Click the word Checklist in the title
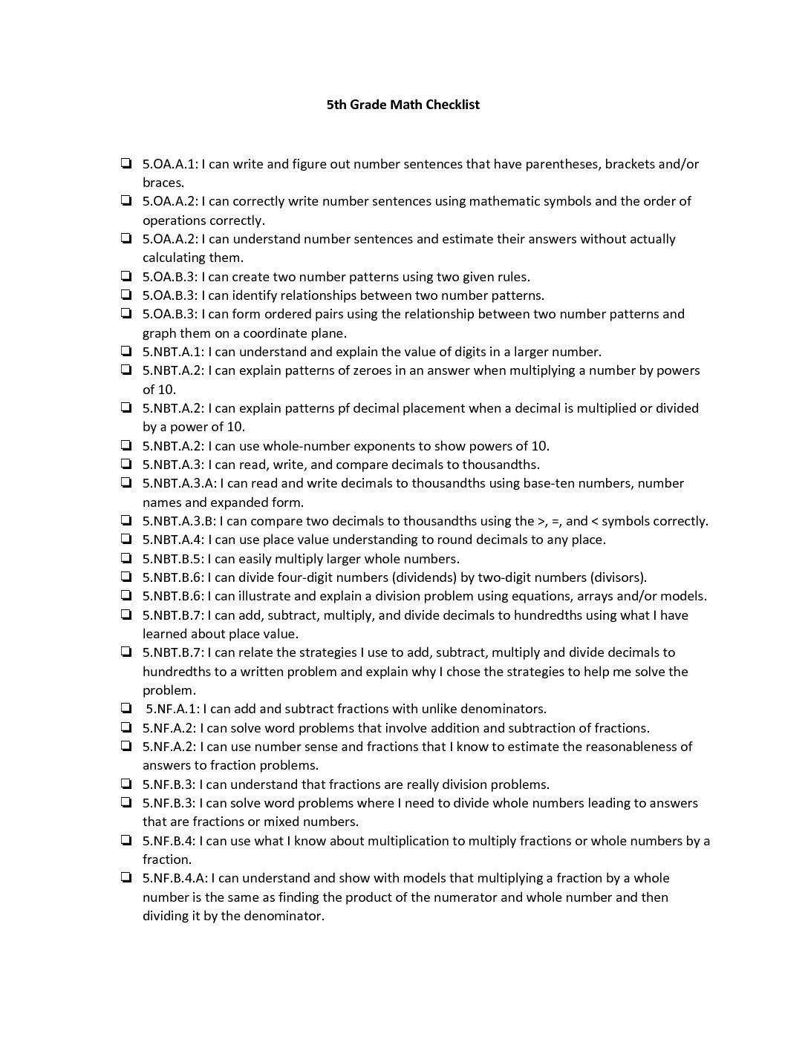tap(447, 105)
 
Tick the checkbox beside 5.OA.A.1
tap(126, 163)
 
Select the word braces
tap(162, 183)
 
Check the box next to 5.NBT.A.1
tap(126, 351)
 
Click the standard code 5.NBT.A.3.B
tap(179, 521)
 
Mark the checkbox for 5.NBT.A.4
tap(126, 540)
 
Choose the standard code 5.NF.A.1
tap(173, 709)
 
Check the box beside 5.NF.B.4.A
tap(126, 878)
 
